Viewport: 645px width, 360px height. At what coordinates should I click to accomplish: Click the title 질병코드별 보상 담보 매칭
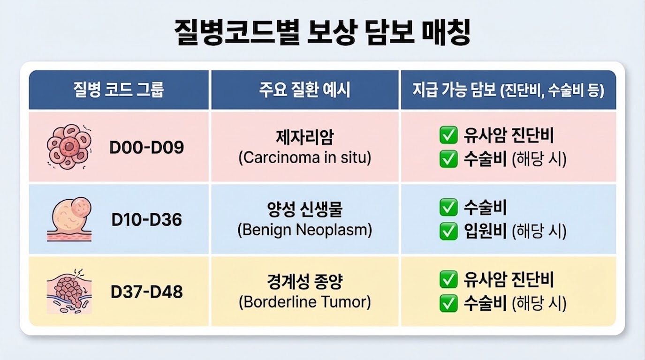click(x=322, y=32)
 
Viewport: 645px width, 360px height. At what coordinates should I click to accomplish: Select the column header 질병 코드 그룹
click(x=118, y=90)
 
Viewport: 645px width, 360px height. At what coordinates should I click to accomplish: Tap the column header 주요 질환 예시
click(x=304, y=90)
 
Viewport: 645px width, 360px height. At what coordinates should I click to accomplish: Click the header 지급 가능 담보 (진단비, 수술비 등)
click(x=508, y=90)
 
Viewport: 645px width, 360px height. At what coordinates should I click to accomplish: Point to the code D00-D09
click(x=147, y=147)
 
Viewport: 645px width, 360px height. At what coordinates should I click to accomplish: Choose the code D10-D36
click(x=147, y=219)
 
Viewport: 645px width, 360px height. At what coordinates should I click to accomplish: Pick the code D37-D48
click(x=147, y=292)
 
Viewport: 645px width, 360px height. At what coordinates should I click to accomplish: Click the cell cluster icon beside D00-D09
click(x=69, y=147)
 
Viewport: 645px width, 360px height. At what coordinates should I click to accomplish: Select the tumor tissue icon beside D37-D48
click(x=69, y=292)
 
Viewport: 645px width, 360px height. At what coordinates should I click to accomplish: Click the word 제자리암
click(x=304, y=138)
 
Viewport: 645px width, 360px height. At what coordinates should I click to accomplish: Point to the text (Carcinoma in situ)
click(x=304, y=158)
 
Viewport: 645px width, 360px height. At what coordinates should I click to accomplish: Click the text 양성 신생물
click(x=304, y=210)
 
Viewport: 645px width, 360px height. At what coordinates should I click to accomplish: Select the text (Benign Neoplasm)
click(x=304, y=230)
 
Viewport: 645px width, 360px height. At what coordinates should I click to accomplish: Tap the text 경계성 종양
click(x=304, y=282)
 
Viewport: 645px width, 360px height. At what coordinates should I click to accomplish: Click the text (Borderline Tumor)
click(x=304, y=302)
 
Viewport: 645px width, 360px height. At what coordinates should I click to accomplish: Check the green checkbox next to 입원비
click(x=448, y=231)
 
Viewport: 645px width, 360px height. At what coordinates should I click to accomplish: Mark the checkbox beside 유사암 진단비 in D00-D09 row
click(x=448, y=136)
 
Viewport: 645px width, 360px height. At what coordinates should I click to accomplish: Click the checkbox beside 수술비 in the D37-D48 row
click(x=448, y=303)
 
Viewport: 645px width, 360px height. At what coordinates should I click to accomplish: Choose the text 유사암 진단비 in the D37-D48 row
click(x=508, y=280)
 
